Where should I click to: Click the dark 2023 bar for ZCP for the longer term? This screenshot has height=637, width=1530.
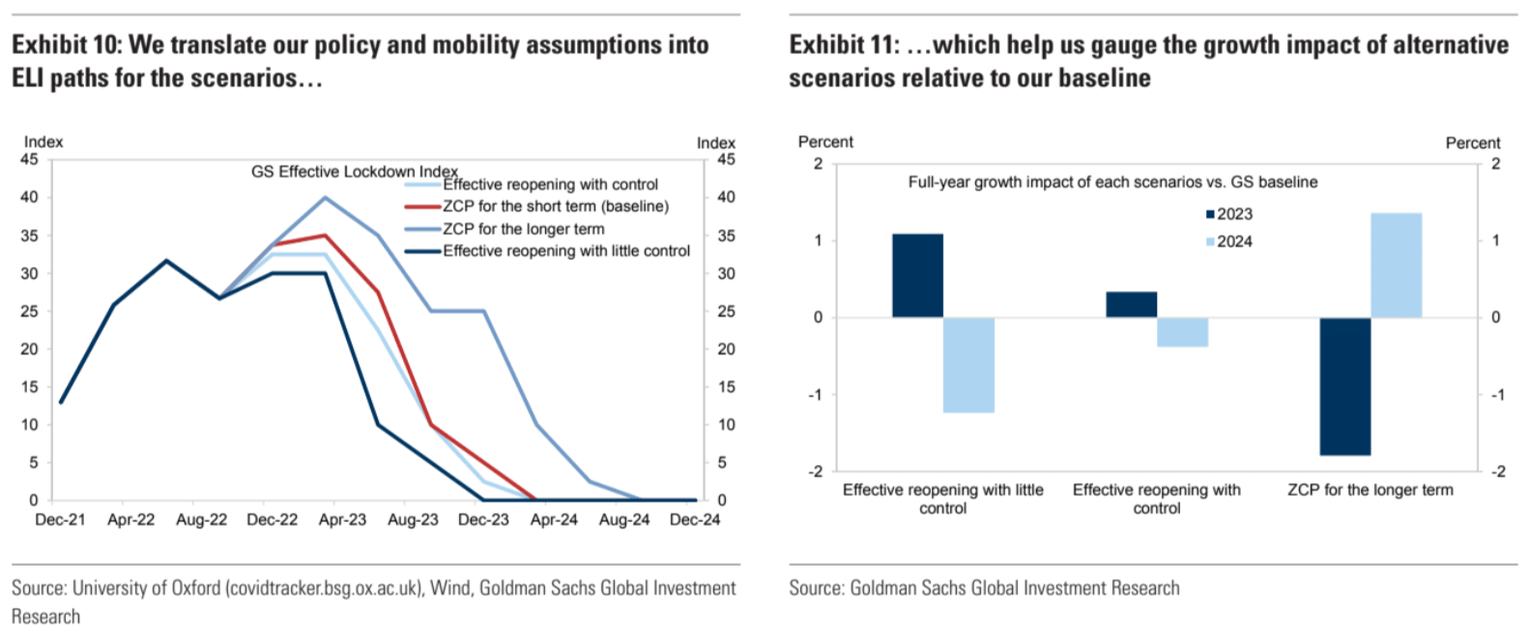[x=1344, y=386]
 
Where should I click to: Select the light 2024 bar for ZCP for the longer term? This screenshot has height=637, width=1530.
[x=1396, y=265]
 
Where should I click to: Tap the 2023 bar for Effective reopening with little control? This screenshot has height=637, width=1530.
[x=917, y=275]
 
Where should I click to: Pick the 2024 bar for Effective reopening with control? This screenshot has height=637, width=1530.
[x=1182, y=332]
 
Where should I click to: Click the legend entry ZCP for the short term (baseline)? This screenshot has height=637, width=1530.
[x=555, y=206]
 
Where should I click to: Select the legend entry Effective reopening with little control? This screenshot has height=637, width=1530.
[x=565, y=250]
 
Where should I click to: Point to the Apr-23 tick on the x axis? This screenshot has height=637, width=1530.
[x=342, y=520]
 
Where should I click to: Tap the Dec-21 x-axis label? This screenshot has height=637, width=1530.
[x=60, y=520]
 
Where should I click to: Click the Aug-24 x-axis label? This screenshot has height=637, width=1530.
[x=624, y=520]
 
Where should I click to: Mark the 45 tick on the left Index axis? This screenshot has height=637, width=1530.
[x=29, y=159]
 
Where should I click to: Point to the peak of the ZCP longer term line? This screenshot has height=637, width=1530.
[x=325, y=197]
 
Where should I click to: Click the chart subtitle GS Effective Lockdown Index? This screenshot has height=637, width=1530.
[x=354, y=171]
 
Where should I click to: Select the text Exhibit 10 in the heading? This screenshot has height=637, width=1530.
[x=65, y=44]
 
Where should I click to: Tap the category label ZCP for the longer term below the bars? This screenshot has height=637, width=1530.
[x=1370, y=490]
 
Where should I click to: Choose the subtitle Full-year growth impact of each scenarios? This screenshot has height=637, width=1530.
[x=1111, y=182]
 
